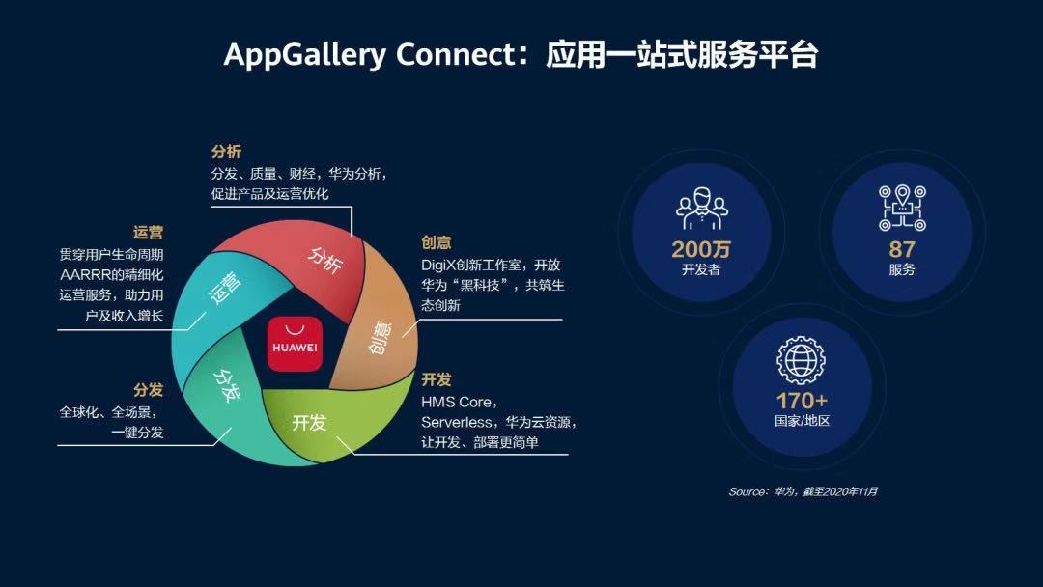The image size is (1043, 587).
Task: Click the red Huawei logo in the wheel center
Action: point(295,344)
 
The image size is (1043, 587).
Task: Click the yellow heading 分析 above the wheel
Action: point(226,152)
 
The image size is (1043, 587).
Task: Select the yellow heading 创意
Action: point(437,242)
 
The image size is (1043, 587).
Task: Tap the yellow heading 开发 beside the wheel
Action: point(437,379)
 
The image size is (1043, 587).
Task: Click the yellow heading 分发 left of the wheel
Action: point(148,389)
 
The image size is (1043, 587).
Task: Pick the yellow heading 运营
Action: point(148,232)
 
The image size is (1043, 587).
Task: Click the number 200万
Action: point(701,249)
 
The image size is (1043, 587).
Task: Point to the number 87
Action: point(902,249)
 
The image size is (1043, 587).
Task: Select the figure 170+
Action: point(803,401)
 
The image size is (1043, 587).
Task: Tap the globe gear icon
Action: point(802,360)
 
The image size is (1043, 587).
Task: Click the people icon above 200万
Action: point(702,209)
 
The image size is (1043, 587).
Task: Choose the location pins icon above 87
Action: point(902,208)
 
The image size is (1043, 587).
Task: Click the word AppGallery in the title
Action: point(304,54)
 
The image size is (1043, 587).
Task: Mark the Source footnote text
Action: point(803,491)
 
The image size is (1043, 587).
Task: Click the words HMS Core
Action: point(457,403)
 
